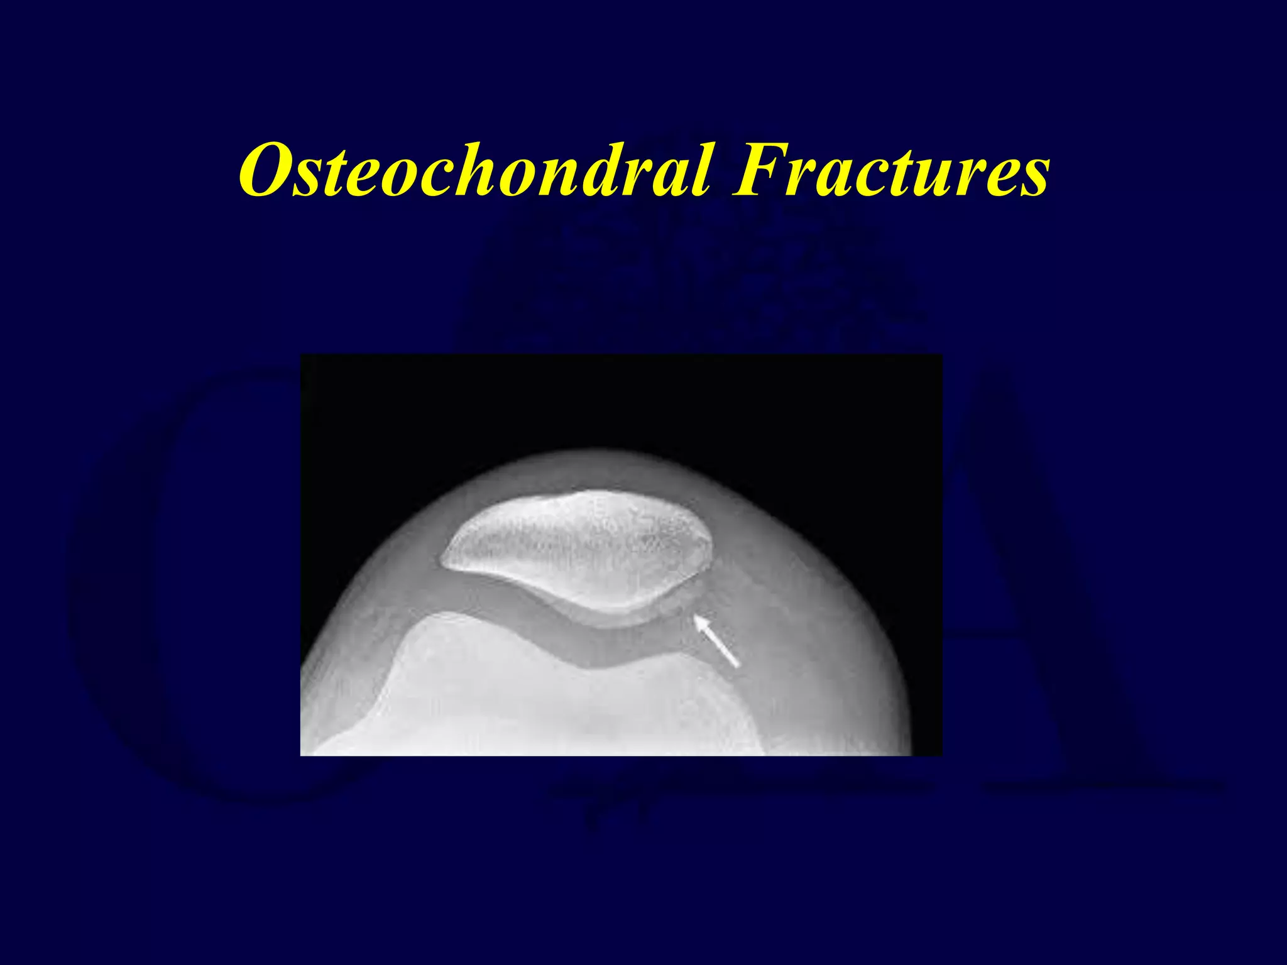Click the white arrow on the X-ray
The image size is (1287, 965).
(716, 641)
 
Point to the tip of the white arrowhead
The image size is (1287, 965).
(695, 617)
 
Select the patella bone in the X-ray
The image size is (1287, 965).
(578, 547)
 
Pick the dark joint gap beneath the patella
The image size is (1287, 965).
(566, 635)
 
